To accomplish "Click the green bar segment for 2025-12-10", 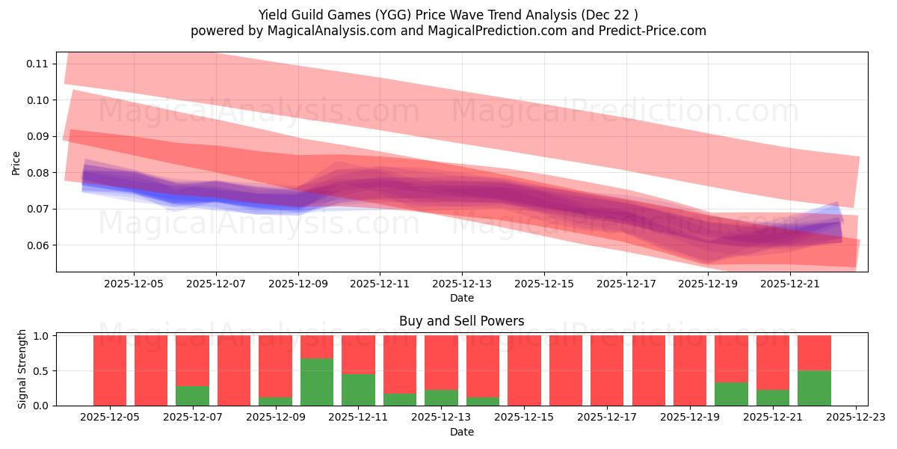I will pos(317,382).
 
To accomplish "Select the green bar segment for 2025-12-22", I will pos(814,388).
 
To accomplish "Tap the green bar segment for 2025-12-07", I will pos(192,396).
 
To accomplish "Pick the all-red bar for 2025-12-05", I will pos(110,370).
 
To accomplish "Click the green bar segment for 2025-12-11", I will pos(358,390).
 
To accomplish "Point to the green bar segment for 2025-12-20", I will pos(731,394).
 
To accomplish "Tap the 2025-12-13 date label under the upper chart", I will pos(462,284).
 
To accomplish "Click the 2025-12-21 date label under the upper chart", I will pos(791,284).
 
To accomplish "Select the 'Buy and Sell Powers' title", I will pos(461,321).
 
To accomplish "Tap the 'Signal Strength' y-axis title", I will pos(22,369).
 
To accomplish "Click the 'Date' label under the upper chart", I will pos(461,298).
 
